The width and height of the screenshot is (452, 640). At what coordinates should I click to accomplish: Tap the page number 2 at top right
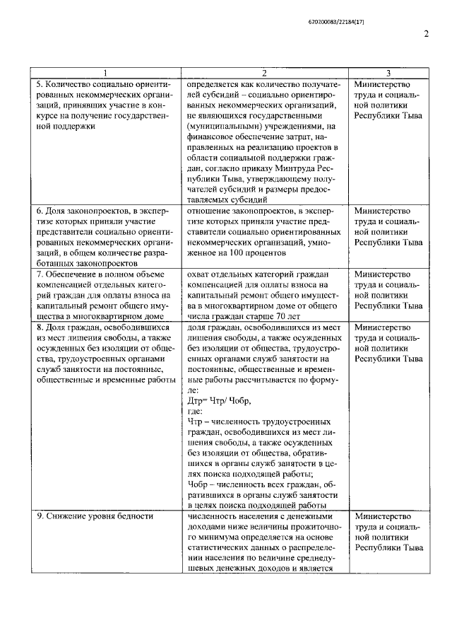click(x=426, y=35)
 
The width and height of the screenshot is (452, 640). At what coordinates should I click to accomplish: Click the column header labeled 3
click(x=388, y=74)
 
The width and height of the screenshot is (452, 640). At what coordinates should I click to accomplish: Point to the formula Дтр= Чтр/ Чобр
click(x=219, y=400)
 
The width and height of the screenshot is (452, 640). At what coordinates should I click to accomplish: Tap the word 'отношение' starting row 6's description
click(x=213, y=210)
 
